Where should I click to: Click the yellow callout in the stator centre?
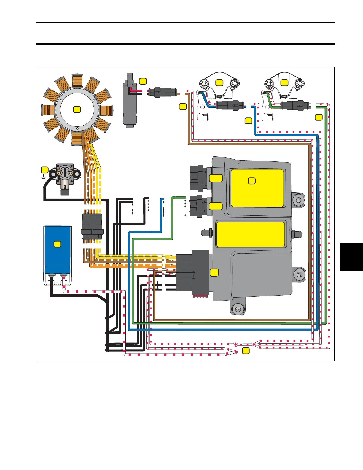point(77,109)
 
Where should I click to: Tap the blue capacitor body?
point(58,249)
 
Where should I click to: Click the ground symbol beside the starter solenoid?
point(44,177)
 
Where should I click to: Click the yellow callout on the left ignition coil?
point(219,83)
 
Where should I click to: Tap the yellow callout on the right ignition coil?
point(284,83)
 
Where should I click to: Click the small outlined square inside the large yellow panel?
point(251,180)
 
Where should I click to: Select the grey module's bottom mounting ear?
point(238,309)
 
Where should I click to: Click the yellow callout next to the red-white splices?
point(246,351)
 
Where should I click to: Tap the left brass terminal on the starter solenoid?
point(60,172)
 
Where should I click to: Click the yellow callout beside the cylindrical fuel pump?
point(143,81)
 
